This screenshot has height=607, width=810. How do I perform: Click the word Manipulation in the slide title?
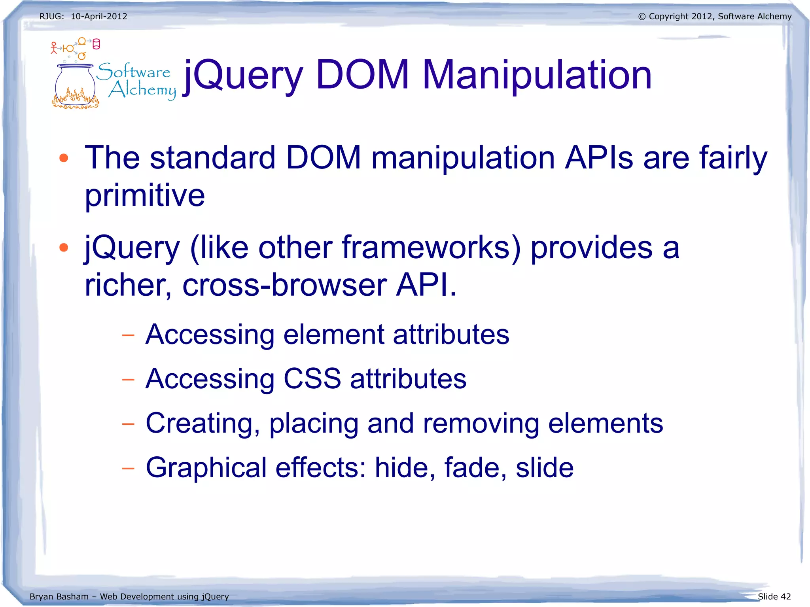(x=537, y=75)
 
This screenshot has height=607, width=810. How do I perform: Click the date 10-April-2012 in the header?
(x=99, y=17)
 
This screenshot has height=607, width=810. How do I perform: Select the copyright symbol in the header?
(x=642, y=17)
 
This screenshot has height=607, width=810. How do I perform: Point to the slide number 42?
(x=785, y=597)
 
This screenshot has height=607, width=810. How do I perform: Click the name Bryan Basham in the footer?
(x=59, y=597)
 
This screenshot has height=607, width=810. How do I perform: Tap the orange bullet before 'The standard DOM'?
(x=64, y=158)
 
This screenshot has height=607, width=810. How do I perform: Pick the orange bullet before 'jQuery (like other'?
(x=64, y=248)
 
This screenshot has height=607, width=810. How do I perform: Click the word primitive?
(x=145, y=195)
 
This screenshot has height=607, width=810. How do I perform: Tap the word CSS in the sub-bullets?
(x=312, y=379)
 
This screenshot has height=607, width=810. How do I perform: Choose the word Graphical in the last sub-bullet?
(x=206, y=468)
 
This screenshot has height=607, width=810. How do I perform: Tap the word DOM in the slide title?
(x=362, y=75)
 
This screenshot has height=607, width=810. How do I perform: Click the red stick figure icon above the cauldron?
(x=54, y=48)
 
